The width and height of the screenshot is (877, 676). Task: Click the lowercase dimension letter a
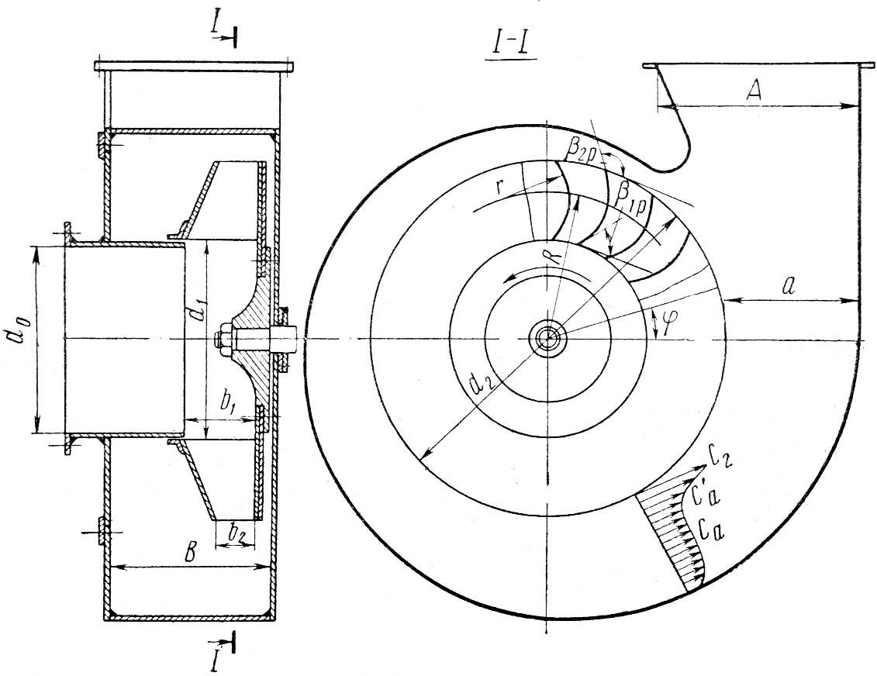click(788, 286)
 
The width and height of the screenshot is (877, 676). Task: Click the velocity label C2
click(719, 457)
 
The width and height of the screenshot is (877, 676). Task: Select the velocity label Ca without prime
click(710, 529)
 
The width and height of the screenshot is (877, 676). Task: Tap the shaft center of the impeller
click(547, 338)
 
